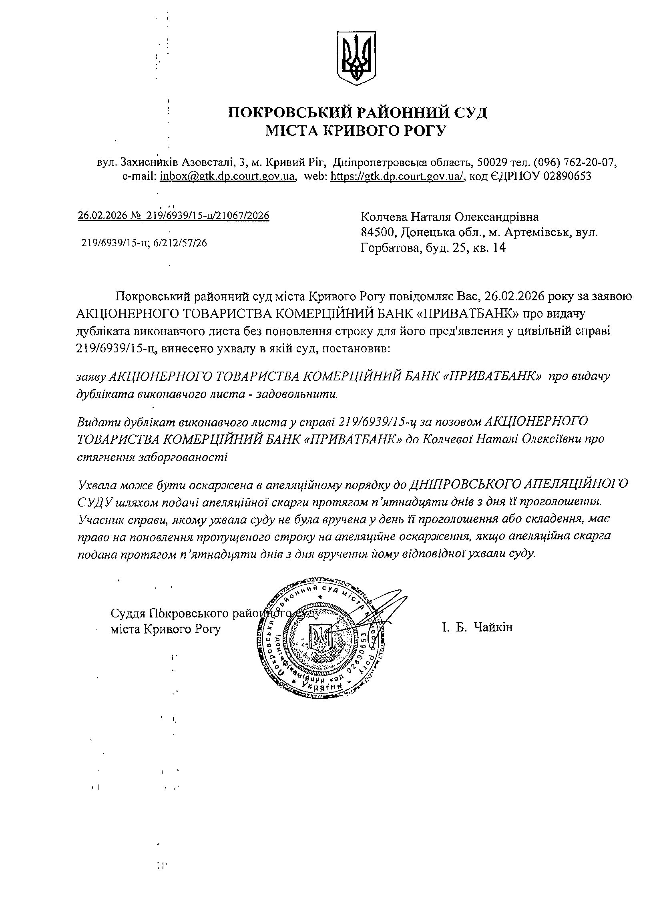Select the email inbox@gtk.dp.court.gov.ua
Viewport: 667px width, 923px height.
(227, 177)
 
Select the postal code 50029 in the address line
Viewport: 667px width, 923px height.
(492, 163)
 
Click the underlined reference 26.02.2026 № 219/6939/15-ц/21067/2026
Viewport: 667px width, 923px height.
(173, 216)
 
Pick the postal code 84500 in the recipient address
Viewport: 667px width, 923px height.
(378, 232)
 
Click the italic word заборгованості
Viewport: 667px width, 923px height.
(152, 456)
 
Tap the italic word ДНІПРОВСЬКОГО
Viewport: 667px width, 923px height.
(464, 484)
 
